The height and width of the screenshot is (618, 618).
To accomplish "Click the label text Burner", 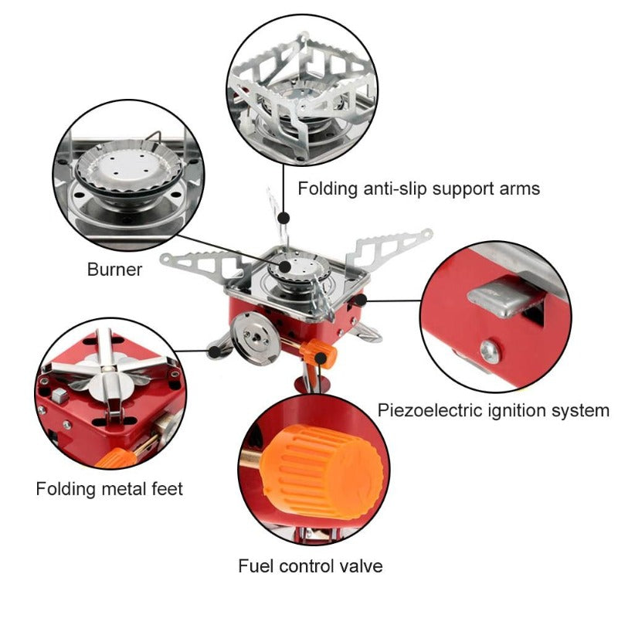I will (x=114, y=270).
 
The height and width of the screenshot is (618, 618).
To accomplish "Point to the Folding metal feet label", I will (x=109, y=489).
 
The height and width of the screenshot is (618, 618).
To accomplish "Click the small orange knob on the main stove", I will (x=322, y=355).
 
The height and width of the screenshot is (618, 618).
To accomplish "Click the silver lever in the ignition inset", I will (x=502, y=301).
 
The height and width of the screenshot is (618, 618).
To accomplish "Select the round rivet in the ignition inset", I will (x=490, y=351).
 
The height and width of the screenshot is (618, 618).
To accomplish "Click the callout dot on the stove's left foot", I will (x=210, y=353).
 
